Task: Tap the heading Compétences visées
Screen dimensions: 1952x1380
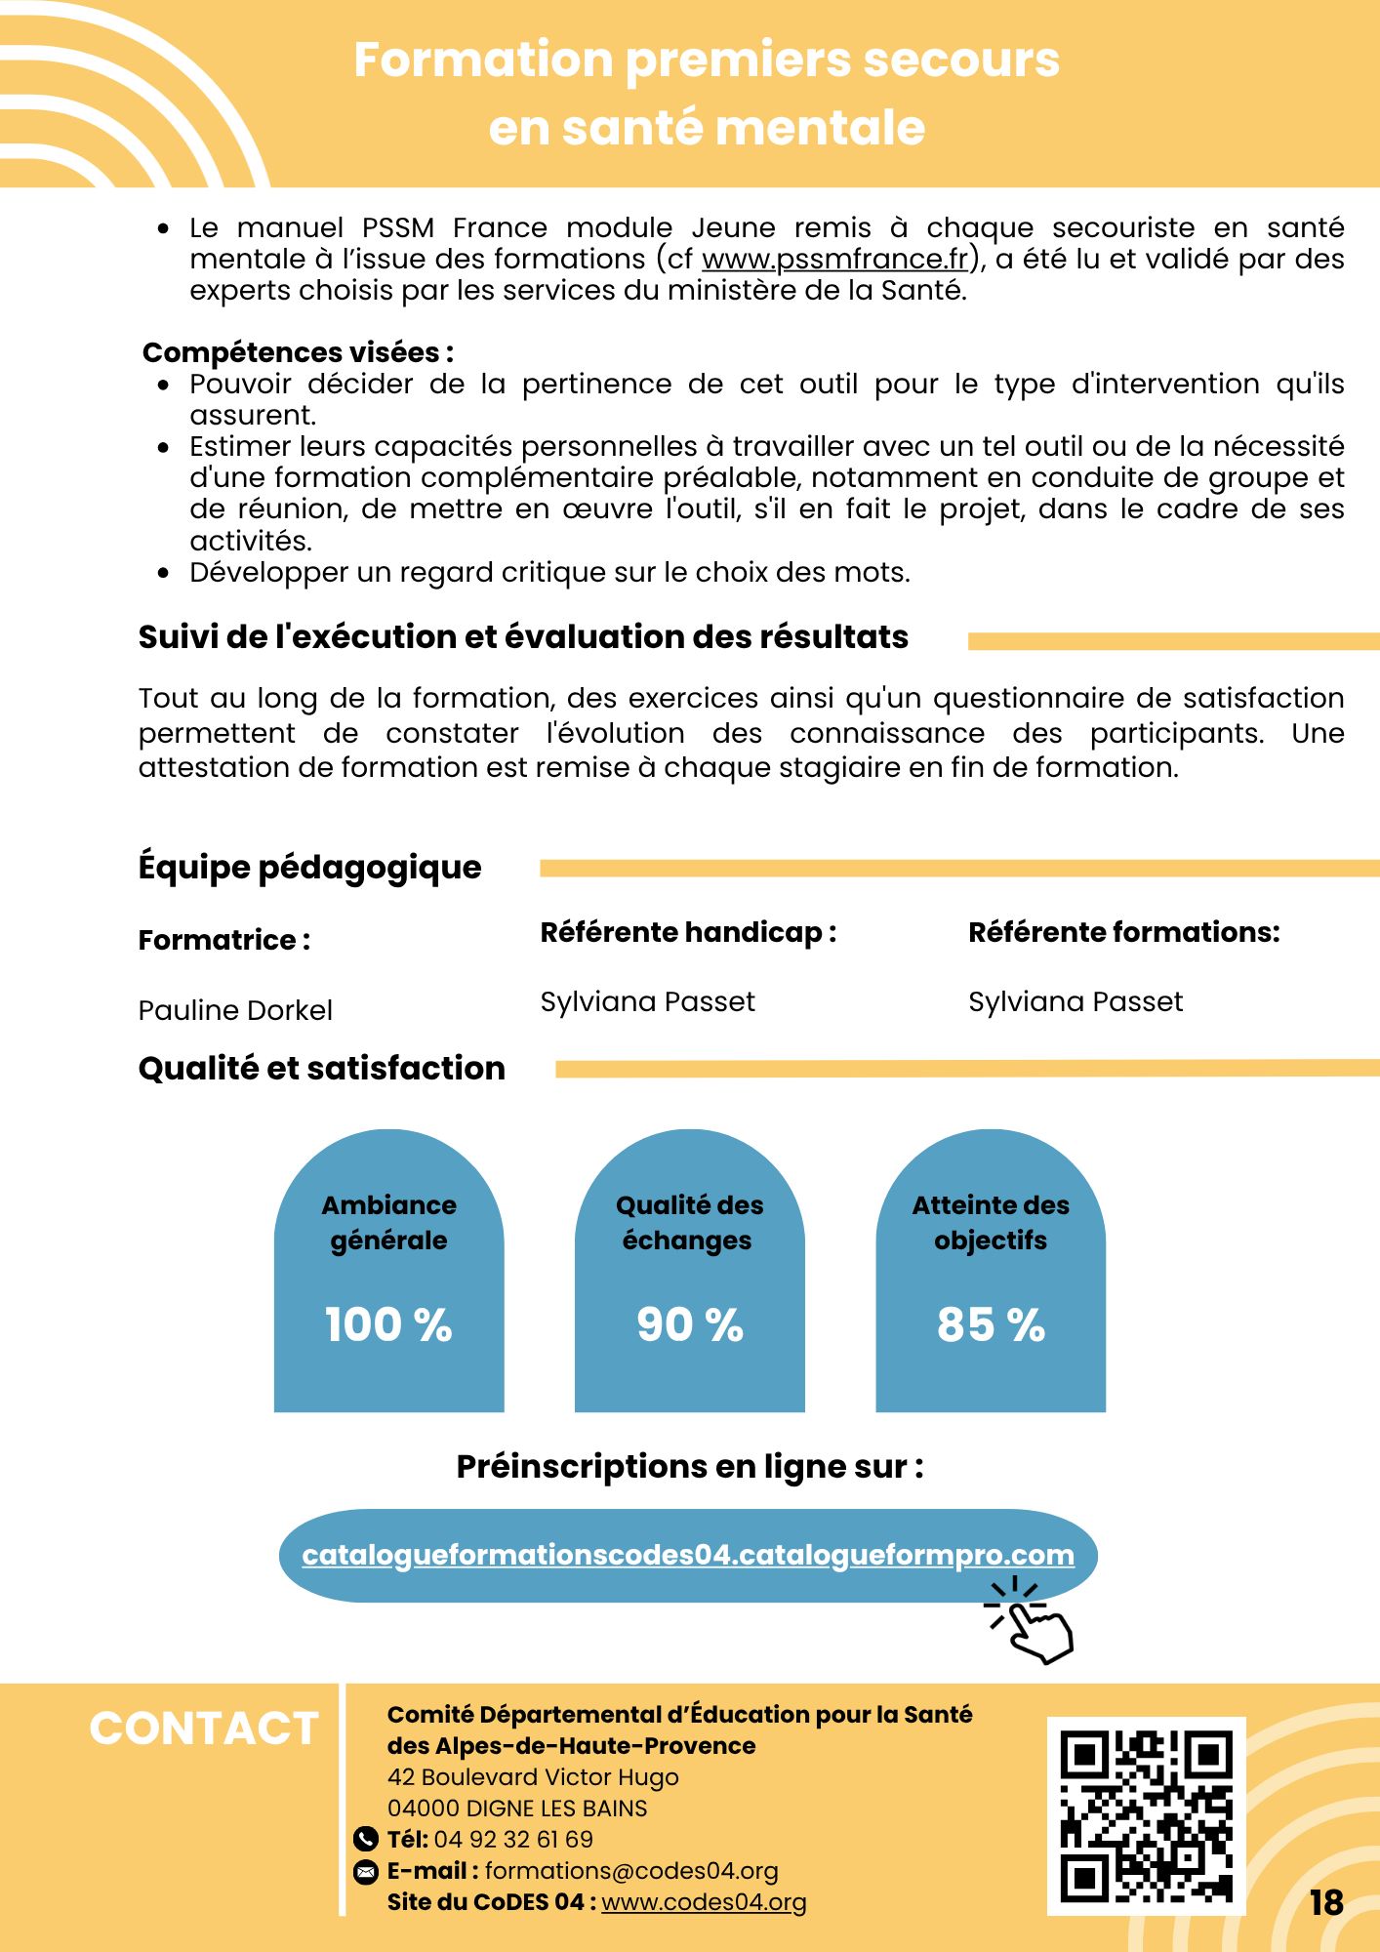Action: [x=298, y=352]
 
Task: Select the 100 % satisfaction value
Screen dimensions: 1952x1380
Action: [x=388, y=1324]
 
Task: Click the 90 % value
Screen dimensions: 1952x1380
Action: [x=690, y=1324]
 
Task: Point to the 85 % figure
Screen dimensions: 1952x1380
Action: [x=991, y=1324]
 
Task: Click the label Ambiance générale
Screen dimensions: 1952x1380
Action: [x=388, y=1223]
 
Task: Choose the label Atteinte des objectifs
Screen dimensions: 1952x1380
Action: [x=991, y=1223]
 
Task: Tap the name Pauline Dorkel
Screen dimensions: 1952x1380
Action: [x=235, y=1010]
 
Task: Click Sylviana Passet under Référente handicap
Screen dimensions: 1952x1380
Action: [x=647, y=1002]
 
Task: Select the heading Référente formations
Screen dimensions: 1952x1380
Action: [x=1123, y=933]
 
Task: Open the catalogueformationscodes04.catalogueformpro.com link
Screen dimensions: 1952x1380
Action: [x=688, y=1555]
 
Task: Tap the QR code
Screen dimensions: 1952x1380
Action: [x=1146, y=1815]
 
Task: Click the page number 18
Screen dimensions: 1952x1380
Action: [x=1326, y=1903]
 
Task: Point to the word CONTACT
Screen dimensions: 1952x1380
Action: [x=204, y=1728]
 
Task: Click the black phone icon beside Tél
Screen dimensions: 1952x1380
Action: [x=365, y=1840]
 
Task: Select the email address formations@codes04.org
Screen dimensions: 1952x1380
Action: [x=631, y=1871]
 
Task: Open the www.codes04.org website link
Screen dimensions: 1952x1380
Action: [x=704, y=1902]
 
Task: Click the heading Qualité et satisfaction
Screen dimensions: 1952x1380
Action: [x=322, y=1069]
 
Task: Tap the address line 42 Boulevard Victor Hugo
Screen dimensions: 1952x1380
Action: [x=533, y=1777]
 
